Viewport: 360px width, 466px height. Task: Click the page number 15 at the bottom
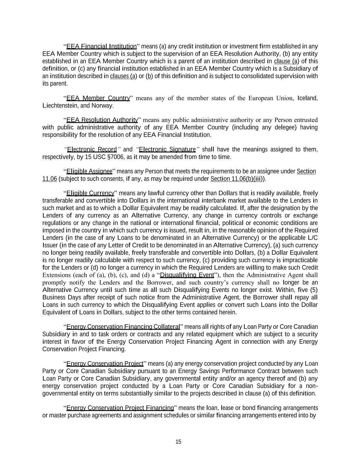click(178, 442)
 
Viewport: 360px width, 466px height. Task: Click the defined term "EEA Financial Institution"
click(101, 46)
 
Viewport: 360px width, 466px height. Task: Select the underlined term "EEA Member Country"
click(98, 98)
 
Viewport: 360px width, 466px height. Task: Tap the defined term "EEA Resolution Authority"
click(102, 120)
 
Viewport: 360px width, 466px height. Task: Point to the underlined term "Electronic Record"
click(92, 150)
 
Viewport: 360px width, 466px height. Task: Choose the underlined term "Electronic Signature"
click(168, 150)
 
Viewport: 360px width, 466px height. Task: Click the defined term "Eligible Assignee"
click(89, 171)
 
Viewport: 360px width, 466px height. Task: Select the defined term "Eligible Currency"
click(90, 193)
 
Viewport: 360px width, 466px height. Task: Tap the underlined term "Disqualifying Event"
click(187, 275)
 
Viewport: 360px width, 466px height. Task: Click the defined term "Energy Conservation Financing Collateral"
click(123, 327)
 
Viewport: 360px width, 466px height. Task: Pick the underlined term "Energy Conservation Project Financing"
click(120, 408)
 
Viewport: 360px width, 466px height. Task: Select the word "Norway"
click(102, 106)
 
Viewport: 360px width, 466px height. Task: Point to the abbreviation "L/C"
click(313, 238)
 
